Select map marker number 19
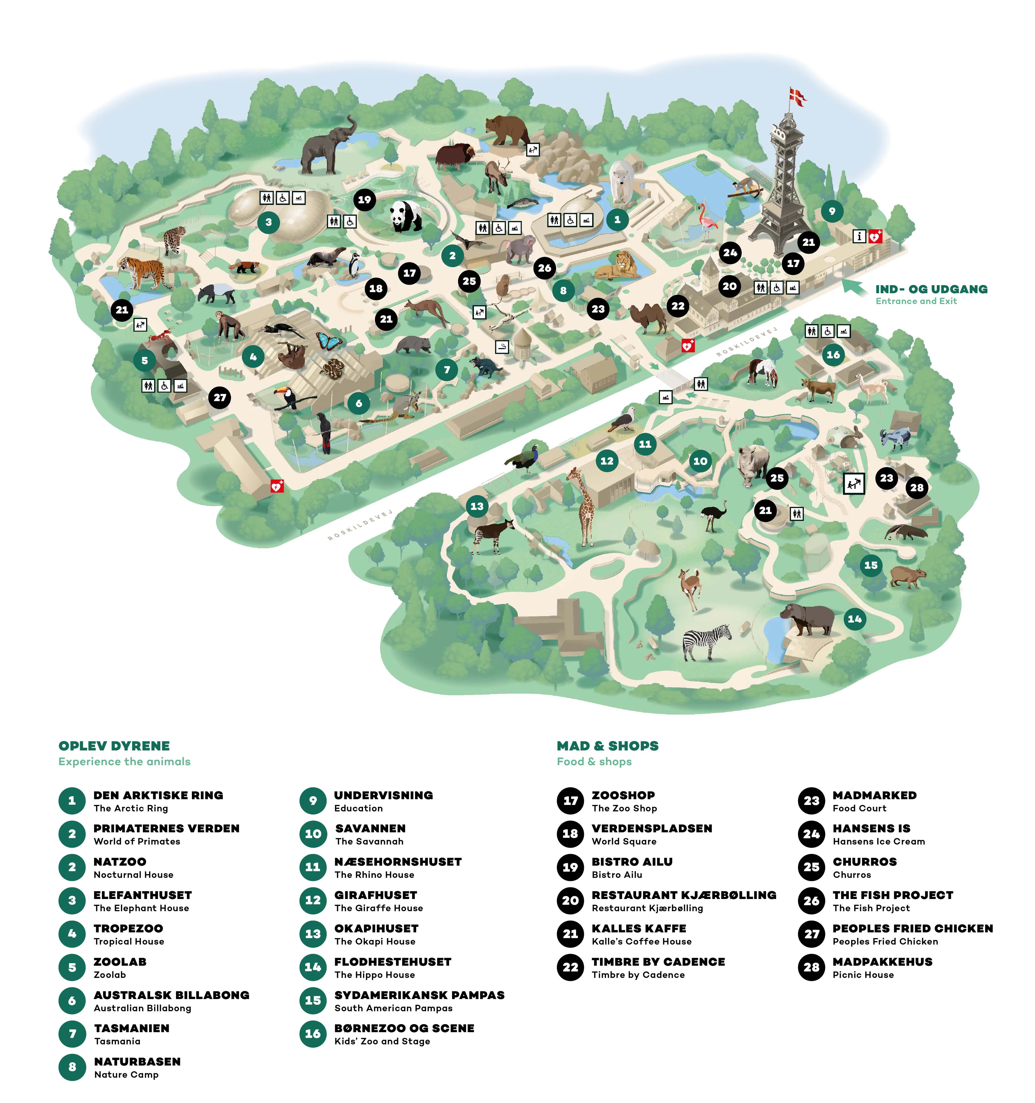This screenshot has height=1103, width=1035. pos(364,200)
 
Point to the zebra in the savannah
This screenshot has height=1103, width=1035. pos(706,642)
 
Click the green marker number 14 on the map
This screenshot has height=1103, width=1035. pos(854,619)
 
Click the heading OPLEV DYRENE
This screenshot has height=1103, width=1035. pos(114,746)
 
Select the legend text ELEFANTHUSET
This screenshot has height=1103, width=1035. pos(143,895)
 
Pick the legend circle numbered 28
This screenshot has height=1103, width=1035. pos(811,967)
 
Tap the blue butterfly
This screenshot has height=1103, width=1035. pos(329,341)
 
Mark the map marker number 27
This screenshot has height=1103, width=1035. pos(220,397)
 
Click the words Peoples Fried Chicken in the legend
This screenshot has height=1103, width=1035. pos(885,942)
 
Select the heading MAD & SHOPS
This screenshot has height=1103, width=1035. pos(608,746)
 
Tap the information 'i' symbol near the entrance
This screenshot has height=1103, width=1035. pos(859,236)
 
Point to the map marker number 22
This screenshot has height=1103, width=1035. pos(678,306)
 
